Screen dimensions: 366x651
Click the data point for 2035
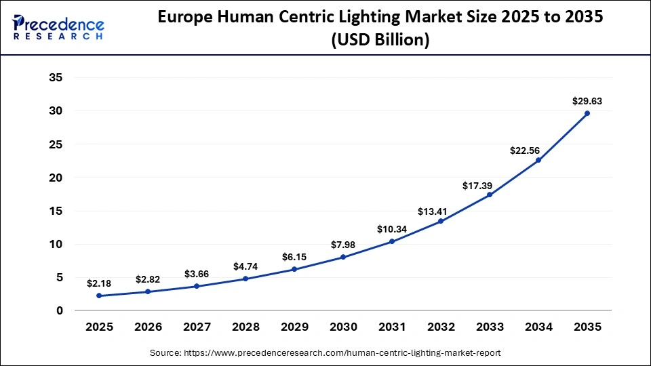tap(587, 113)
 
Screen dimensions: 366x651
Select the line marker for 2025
tap(99, 296)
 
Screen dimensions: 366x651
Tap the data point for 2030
tap(343, 257)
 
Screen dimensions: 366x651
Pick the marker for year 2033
tap(490, 195)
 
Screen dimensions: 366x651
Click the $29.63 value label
tap(587, 102)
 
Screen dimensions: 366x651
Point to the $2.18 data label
tap(99, 283)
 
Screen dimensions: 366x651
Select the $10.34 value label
tap(392, 229)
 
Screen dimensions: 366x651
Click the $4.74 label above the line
tap(245, 266)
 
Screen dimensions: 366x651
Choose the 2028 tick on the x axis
tap(245, 327)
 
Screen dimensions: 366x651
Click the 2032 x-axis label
tap(441, 327)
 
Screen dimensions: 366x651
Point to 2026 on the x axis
tap(148, 327)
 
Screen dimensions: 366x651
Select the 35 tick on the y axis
tap(56, 78)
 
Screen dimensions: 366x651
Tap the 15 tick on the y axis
tap(56, 211)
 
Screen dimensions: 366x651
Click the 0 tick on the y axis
tap(59, 310)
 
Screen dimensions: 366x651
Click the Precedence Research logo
tap(58, 27)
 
